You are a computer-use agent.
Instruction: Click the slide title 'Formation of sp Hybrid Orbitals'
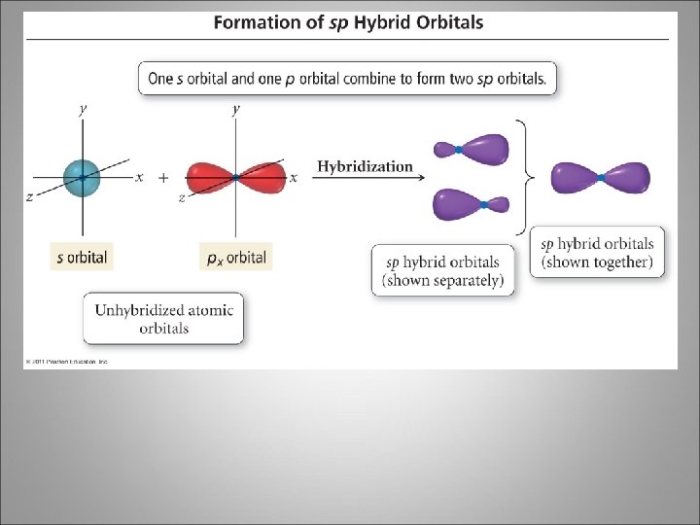[347, 21]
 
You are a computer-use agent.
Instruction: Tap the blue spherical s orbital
[83, 177]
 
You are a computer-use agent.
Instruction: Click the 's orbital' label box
[83, 258]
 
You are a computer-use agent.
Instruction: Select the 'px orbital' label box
[235, 258]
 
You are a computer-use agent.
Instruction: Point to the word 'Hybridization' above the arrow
[365, 166]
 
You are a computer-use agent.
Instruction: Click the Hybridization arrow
[365, 179]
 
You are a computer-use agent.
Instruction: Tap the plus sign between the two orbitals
[162, 178]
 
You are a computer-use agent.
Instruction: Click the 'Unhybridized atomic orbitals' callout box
[163, 319]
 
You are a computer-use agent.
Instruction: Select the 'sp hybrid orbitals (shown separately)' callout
[442, 271]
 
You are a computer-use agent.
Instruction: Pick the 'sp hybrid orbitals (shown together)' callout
[597, 253]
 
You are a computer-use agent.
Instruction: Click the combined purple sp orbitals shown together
[601, 178]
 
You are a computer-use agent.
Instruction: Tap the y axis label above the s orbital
[83, 110]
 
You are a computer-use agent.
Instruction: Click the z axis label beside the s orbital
[29, 196]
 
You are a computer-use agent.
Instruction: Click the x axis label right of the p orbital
[293, 178]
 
